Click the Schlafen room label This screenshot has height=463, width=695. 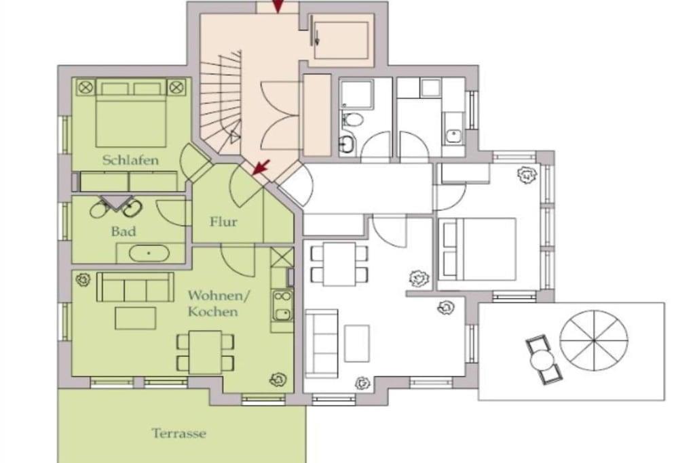[x=130, y=160]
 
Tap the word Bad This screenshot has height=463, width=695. [x=124, y=232]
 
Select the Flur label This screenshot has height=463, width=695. [x=224, y=222]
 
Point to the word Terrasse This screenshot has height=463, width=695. [x=179, y=433]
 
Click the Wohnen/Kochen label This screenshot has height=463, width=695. [x=218, y=303]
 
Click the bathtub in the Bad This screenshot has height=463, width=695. [x=149, y=254]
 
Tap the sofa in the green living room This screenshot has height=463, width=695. [x=135, y=287]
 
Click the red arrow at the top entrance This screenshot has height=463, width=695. [x=278, y=6]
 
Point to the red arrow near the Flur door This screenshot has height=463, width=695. [x=261, y=167]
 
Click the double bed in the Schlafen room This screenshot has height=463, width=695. [x=131, y=113]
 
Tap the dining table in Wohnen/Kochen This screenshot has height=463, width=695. [x=205, y=352]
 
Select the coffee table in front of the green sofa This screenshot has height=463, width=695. [x=136, y=318]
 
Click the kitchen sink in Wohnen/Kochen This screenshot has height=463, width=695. [x=282, y=305]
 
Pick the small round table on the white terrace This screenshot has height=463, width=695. [x=541, y=360]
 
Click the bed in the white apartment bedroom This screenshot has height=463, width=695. [x=477, y=249]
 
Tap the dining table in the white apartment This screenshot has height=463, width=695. [x=339, y=264]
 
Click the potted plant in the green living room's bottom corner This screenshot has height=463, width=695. [x=278, y=380]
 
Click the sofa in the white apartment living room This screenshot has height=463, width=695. [x=321, y=342]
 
